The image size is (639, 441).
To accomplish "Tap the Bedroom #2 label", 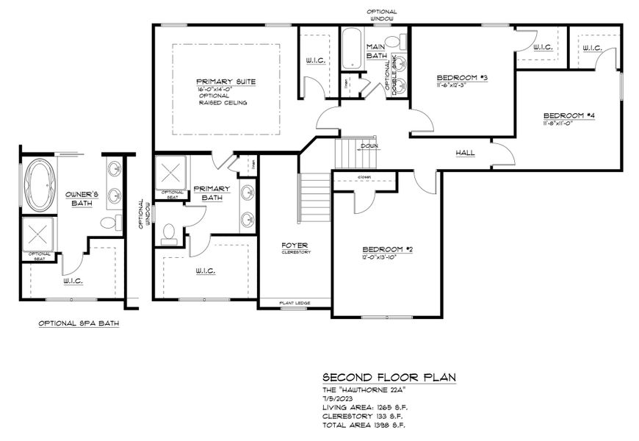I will tap(386, 250).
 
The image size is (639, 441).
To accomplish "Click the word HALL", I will tap(465, 153).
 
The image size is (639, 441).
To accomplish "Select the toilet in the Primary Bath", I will tap(169, 234).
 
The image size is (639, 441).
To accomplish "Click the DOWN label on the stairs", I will tap(369, 146).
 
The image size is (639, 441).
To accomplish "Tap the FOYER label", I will tap(297, 245).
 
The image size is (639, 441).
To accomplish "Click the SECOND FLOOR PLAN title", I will tap(389, 377).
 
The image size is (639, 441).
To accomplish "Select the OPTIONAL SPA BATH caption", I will tap(79, 323).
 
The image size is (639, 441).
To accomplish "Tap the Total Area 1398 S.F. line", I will tap(364, 425).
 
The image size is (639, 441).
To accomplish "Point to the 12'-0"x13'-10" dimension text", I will tap(386, 257).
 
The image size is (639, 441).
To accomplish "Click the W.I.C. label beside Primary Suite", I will tap(317, 60).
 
